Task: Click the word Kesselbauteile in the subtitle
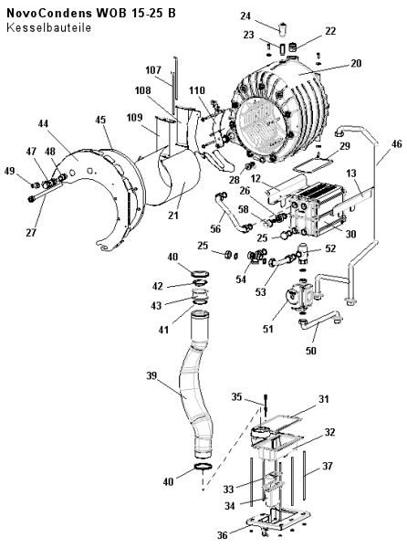[48, 27]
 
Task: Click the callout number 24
[245, 16]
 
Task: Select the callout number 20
[356, 63]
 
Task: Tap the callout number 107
[153, 70]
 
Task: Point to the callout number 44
[44, 123]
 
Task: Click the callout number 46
[397, 143]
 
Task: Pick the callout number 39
[151, 375]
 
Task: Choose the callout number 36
[223, 534]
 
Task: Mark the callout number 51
[268, 329]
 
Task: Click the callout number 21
[173, 216]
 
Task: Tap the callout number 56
[215, 228]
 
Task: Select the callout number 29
[345, 146]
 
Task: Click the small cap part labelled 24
[283, 26]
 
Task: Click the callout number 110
[197, 90]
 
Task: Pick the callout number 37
[327, 466]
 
